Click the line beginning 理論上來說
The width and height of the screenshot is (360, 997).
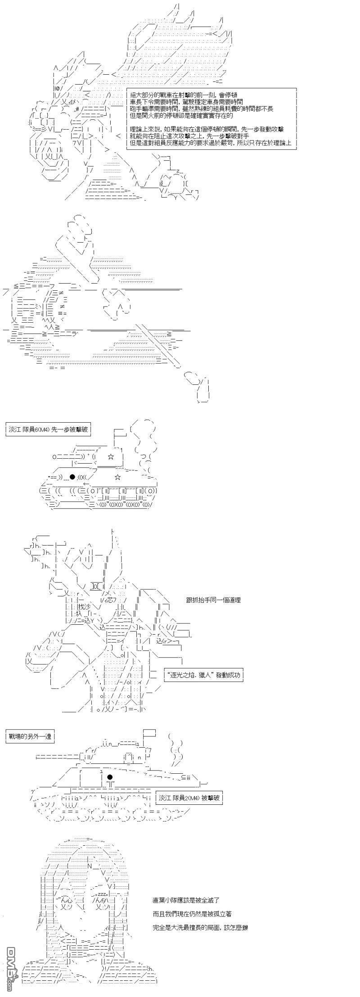[x=206, y=130]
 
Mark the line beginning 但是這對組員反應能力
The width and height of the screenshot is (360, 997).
[x=210, y=144]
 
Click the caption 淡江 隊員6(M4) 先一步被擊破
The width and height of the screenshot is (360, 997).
[x=49, y=429]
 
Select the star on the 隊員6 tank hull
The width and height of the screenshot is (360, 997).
[x=118, y=477]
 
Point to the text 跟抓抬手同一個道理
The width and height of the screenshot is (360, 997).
[x=213, y=600]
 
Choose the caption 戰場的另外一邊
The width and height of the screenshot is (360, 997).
[x=31, y=736]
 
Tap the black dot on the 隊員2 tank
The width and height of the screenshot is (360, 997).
[x=109, y=777]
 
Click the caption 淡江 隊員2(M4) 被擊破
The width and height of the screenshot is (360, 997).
[x=189, y=798]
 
